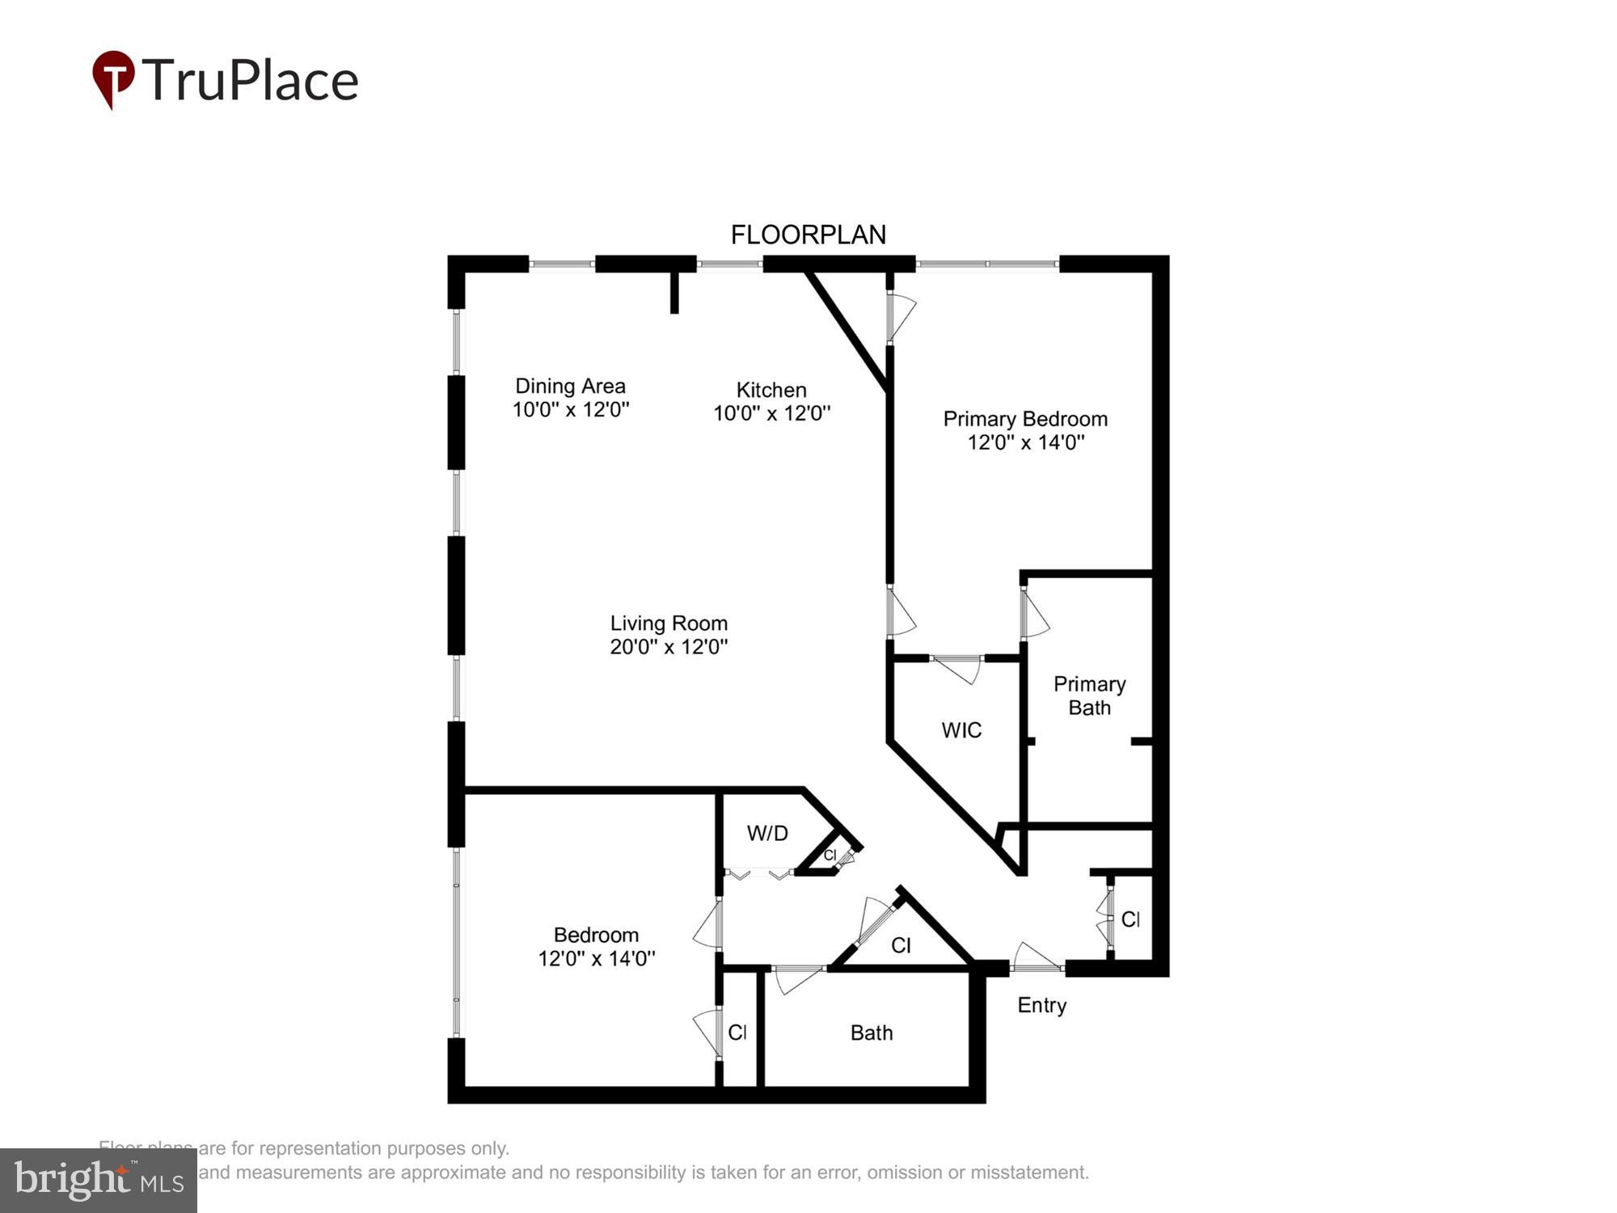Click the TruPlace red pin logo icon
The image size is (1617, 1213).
pos(113,78)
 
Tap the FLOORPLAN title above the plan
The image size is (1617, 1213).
pos(808,235)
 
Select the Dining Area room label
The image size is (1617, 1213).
pos(570,387)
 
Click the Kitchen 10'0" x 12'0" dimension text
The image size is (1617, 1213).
pos(771,413)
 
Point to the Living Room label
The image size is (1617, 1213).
pos(669,623)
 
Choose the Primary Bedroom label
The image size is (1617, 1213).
pos(1024,419)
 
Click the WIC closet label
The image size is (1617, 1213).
pos(961,730)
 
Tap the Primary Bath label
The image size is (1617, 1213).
pos(1089,695)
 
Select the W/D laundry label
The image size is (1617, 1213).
pos(767,833)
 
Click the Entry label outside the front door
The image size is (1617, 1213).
pos(1041,1005)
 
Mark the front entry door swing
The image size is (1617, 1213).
pos(1036,956)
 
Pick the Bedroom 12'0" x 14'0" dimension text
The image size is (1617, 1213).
pos(597,958)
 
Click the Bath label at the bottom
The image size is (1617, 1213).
pos(872,1033)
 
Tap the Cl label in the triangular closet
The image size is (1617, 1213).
pos(901,945)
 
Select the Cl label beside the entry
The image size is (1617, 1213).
pos(1130,919)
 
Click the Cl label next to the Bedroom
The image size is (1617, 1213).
pos(737,1032)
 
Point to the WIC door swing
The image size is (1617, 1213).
pos(958,669)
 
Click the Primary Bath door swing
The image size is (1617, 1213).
pos(1036,615)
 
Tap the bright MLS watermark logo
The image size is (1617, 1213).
pos(99,1181)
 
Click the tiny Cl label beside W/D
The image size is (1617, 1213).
pos(830,855)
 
